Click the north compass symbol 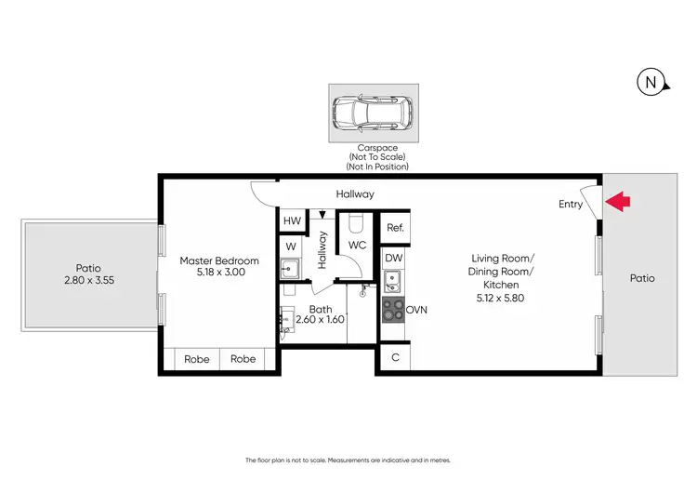tap(651, 83)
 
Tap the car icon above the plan tap(373, 113)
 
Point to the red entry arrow tap(618, 200)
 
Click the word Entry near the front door tap(571, 204)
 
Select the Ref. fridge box tap(394, 228)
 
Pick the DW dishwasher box tap(394, 258)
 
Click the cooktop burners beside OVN tap(392, 310)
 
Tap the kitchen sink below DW tap(392, 279)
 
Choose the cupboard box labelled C tap(394, 357)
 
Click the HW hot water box tap(292, 221)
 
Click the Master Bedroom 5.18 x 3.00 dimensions tap(219, 274)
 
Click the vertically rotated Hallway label tap(322, 250)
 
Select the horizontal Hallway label tap(355, 194)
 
